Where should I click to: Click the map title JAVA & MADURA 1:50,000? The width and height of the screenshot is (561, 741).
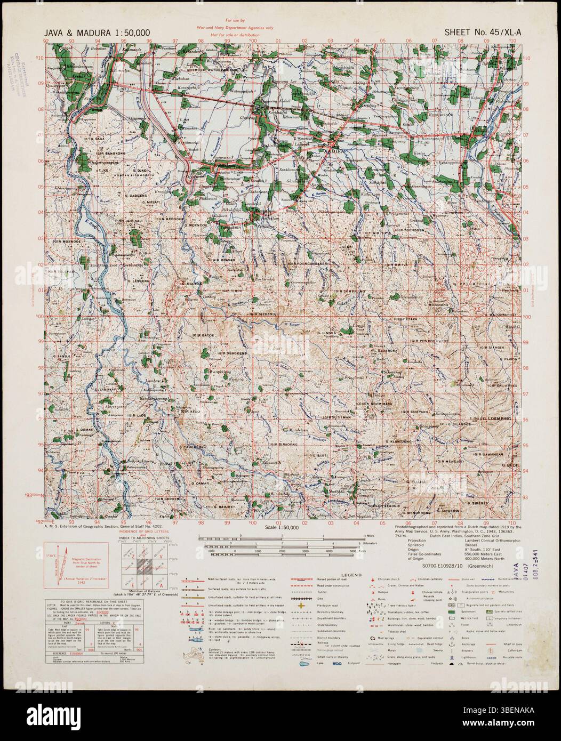point(97,33)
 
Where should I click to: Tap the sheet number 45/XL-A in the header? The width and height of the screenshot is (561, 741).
point(483,33)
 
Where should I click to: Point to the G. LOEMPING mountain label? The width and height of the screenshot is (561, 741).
point(496,419)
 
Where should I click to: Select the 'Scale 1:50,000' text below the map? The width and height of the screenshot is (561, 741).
point(282,527)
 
